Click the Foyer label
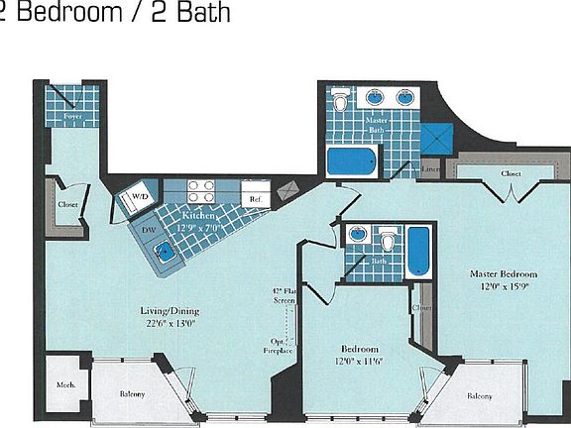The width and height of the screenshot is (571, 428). pos(72,117)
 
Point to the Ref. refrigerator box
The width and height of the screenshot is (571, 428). pos(256,199)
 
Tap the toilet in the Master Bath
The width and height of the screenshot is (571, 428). pos(342,100)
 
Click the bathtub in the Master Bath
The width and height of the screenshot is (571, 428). pos(351,160)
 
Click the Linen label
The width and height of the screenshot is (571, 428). pos(430,169)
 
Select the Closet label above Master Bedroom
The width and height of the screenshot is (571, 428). pos(511,173)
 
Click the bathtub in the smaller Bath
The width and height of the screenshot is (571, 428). pos(417,250)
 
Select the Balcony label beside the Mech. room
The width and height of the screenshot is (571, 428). pos(132,394)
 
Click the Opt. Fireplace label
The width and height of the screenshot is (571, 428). pos(282,344)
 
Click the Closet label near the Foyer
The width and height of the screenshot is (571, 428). pos(67,204)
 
